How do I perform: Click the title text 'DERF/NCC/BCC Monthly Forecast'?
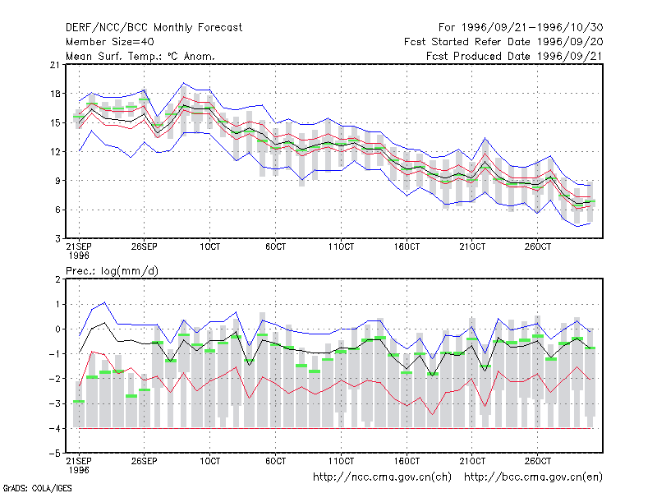pyautogui.click(x=154, y=28)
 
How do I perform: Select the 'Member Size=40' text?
pyautogui.click(x=110, y=42)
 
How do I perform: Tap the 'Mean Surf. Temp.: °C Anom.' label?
pyautogui.click(x=140, y=56)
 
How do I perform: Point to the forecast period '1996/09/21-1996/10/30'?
pyautogui.click(x=532, y=28)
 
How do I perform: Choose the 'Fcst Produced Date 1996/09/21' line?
pyautogui.click(x=515, y=56)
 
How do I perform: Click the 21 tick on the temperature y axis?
pyautogui.click(x=55, y=65)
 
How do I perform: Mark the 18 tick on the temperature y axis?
pyautogui.click(x=55, y=94)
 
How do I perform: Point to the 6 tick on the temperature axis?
pyautogui.click(x=57, y=210)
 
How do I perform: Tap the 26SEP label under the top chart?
pyautogui.click(x=145, y=246)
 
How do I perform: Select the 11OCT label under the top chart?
pyautogui.click(x=341, y=246)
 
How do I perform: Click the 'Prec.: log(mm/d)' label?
pyautogui.click(x=112, y=271)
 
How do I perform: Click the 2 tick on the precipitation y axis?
pyautogui.click(x=57, y=279)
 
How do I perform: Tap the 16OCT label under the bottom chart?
pyautogui.click(x=407, y=461)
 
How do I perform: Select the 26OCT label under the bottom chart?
pyautogui.click(x=538, y=461)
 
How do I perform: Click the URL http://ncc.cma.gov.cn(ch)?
pyautogui.click(x=382, y=477)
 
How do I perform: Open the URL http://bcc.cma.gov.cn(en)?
pyautogui.click(x=533, y=477)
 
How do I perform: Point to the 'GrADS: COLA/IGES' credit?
pyautogui.click(x=37, y=488)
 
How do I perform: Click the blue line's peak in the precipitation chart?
pyautogui.click(x=105, y=302)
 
